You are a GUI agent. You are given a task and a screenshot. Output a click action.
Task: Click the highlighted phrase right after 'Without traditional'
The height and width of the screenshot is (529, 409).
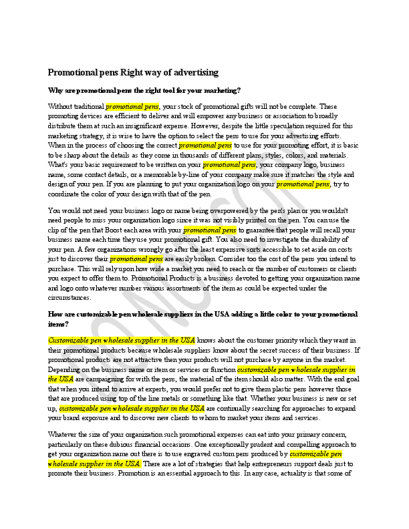click(x=132, y=106)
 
